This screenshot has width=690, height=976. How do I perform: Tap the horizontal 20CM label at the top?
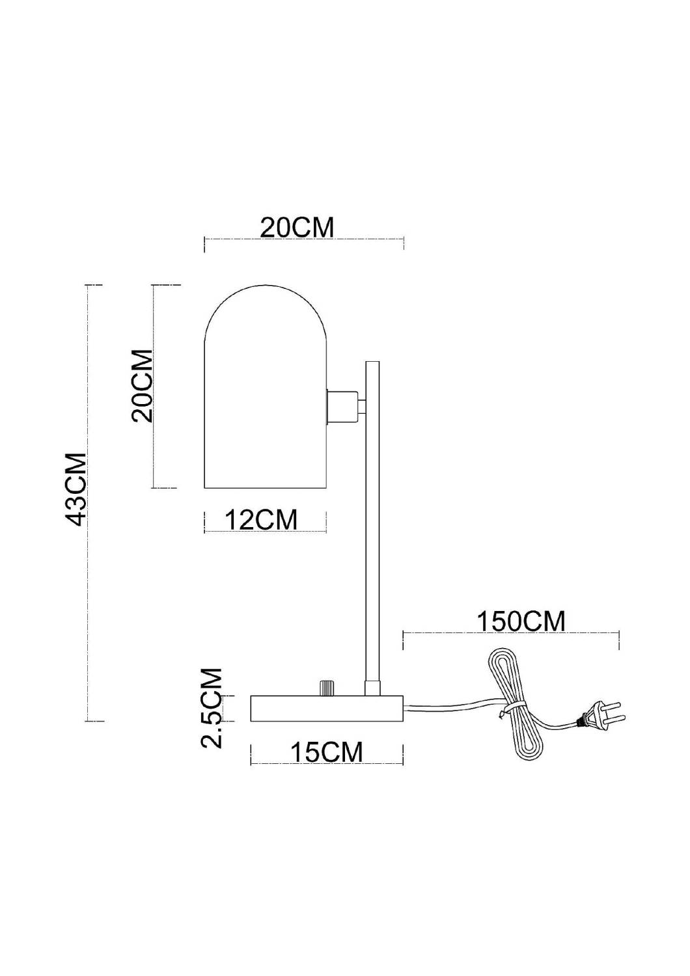(x=297, y=228)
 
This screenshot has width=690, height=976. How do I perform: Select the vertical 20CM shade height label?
(x=143, y=386)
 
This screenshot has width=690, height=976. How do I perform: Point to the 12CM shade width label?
(x=261, y=520)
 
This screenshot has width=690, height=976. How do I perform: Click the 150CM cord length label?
(x=521, y=621)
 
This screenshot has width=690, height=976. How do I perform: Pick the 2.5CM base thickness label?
(x=212, y=707)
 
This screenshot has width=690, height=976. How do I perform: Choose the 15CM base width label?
(x=326, y=752)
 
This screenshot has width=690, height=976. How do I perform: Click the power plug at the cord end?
(x=599, y=718)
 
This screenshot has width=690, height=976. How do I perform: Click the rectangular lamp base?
(x=327, y=709)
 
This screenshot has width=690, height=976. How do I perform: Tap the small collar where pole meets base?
(x=372, y=688)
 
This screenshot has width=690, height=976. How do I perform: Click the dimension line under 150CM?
(x=511, y=632)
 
